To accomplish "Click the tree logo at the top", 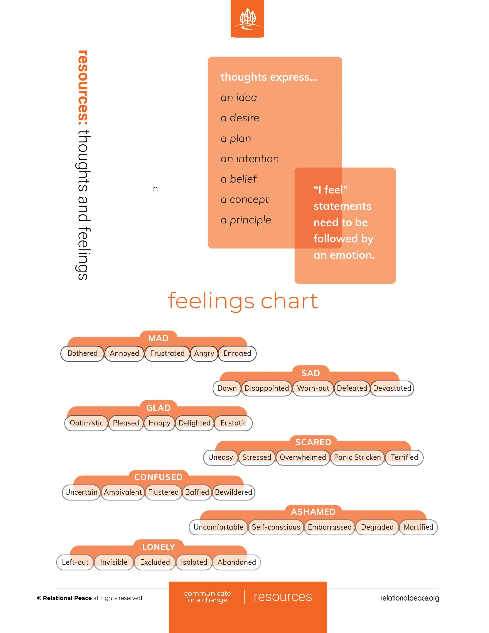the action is click(247, 19).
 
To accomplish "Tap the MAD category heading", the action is click(158, 338).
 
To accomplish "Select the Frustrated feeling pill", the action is click(167, 353).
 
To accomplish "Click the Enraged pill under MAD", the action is click(237, 353).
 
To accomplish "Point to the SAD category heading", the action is click(311, 373).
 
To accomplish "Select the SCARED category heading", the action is click(313, 442).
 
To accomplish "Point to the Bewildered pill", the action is click(234, 492).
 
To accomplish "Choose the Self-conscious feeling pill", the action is click(276, 527).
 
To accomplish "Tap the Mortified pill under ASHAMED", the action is click(418, 527).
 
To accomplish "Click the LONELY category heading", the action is click(158, 547).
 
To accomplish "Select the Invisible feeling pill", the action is click(114, 562).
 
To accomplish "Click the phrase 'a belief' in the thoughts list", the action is click(238, 179).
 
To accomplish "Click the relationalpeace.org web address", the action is click(409, 598).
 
